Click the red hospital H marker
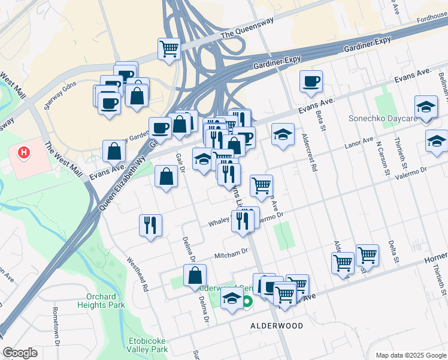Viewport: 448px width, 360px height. (24, 154)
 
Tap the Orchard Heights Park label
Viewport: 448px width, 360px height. (101, 301)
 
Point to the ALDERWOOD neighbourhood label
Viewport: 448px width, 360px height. (276, 326)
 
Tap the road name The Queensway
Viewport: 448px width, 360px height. (247, 35)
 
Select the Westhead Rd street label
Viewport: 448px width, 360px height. (137, 275)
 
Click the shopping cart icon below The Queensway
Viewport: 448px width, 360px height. (169, 49)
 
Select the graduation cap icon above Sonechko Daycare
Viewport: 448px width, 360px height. (426, 107)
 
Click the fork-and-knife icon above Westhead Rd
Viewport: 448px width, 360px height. (150, 225)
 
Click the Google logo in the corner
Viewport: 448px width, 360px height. (20, 353)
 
